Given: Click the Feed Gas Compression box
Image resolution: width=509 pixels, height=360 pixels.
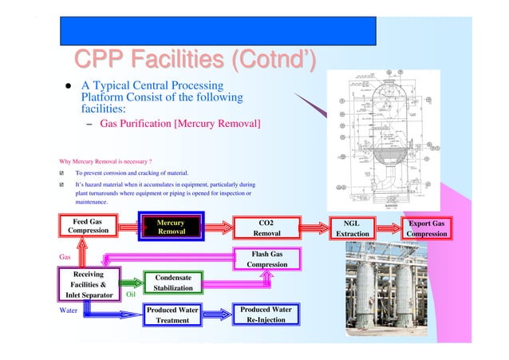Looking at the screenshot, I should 87,227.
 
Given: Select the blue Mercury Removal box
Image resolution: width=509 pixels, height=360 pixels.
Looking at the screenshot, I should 172,227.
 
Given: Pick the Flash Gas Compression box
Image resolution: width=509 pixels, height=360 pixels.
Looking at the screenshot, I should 266,259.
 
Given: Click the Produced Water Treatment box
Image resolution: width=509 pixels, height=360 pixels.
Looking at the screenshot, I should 172,315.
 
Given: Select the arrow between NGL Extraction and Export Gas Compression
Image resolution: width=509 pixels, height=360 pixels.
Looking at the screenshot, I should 389,227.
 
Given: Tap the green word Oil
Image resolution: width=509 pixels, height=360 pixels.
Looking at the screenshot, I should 132,294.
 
